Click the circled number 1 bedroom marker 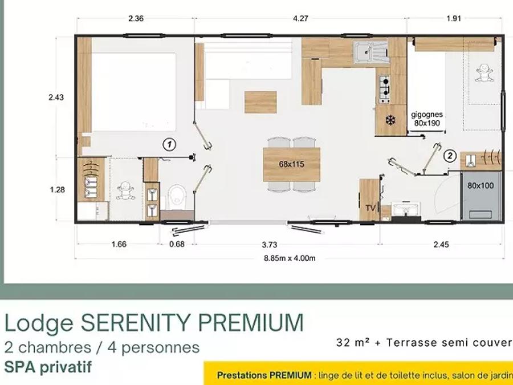[169, 144]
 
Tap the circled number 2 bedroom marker [450, 156]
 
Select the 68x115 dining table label [291, 164]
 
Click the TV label [370, 208]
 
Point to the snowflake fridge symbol [390, 120]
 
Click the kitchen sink [370, 52]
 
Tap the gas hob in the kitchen [384, 89]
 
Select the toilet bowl [177, 197]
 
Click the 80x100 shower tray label [481, 185]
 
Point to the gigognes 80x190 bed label [427, 119]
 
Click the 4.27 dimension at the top [300, 19]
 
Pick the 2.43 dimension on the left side [56, 97]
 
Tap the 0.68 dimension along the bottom [177, 244]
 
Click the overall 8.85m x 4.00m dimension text [290, 258]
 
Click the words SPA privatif [48, 367]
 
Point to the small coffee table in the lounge [260, 102]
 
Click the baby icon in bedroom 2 [484, 72]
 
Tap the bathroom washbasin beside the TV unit [406, 209]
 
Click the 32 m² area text [353, 342]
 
